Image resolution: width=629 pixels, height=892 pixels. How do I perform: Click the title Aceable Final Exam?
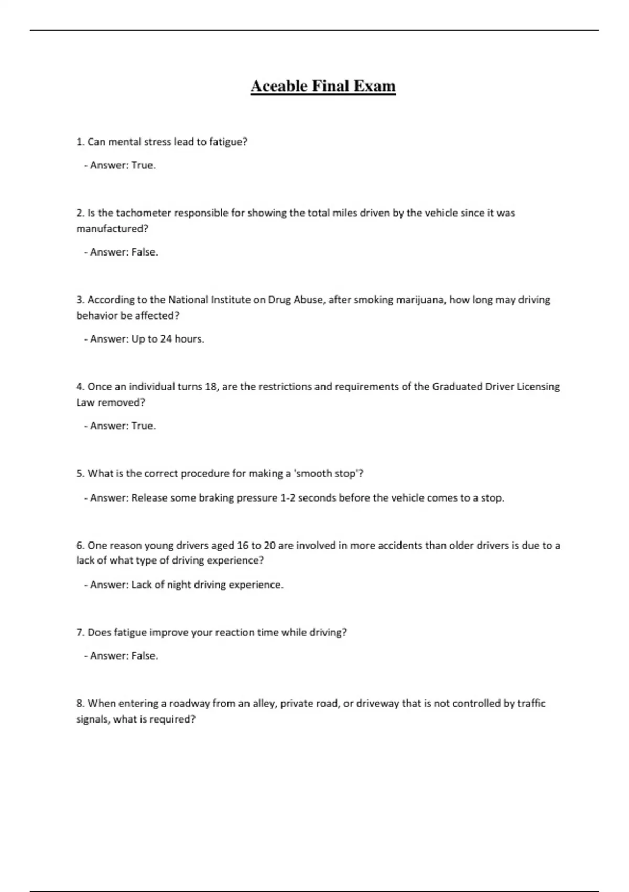tap(323, 86)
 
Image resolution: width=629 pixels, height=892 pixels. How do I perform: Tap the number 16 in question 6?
tap(243, 546)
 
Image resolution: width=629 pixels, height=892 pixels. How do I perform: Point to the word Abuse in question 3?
tap(310, 300)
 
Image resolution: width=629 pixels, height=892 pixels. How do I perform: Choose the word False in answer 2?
tap(144, 252)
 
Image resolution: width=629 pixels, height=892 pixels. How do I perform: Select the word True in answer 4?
tap(143, 426)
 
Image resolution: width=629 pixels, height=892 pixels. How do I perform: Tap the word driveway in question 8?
tap(377, 703)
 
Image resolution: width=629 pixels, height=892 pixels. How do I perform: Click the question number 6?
tap(80, 546)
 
